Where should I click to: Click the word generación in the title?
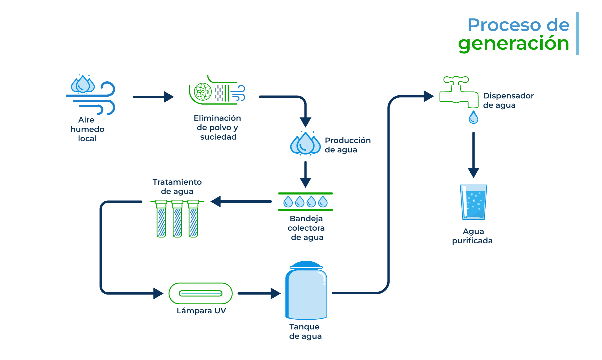pos(513,44)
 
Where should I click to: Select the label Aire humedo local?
pos(87,129)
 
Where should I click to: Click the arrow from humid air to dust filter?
pos(153,97)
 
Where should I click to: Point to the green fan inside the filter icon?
pos(203,92)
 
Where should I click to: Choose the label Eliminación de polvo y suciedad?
pos(217,127)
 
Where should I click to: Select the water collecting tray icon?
pos(305,202)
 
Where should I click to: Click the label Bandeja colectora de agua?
pos(306,228)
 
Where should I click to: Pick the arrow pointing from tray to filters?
pos(241,201)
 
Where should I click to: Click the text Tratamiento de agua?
pos(177,187)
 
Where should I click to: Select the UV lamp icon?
pos(200,293)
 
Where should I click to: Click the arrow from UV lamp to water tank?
pos(259,293)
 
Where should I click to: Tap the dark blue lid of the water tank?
pos(306,265)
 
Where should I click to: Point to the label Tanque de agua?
pos(305,331)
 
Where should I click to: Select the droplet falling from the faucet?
pos(473,118)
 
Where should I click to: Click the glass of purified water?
pos(473,202)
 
